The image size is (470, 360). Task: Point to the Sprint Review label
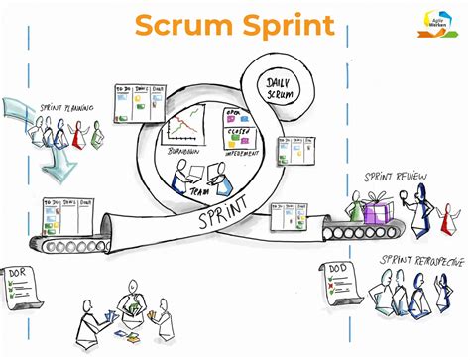coord(397,179)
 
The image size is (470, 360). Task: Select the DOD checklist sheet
coord(341,284)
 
